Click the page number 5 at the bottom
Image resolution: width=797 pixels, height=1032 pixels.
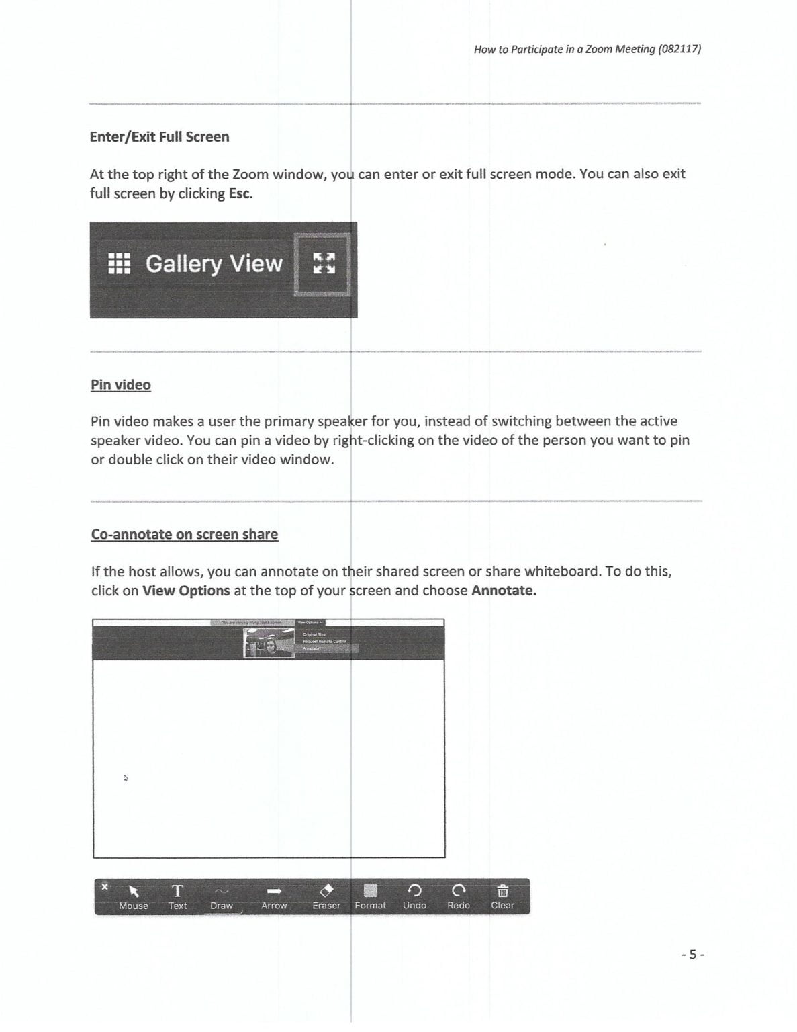pyautogui.click(x=693, y=954)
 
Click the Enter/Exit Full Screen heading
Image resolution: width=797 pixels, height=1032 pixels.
pyautogui.click(x=159, y=137)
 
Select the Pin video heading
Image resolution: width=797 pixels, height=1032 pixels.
pyautogui.click(x=121, y=385)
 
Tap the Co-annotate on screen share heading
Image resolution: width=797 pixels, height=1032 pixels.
pyautogui.click(x=185, y=535)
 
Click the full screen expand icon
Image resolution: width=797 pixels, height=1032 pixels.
pyautogui.click(x=324, y=263)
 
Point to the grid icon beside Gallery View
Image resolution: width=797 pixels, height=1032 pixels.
pyautogui.click(x=120, y=263)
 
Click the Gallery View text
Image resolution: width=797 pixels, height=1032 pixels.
pyautogui.click(x=214, y=263)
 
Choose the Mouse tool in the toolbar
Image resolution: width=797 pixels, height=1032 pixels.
pyautogui.click(x=134, y=896)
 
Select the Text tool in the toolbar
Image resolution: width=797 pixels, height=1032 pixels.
pyautogui.click(x=177, y=896)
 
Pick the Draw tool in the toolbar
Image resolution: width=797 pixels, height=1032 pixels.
pyautogui.click(x=222, y=896)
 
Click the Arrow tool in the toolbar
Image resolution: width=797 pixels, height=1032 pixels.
pyautogui.click(x=274, y=896)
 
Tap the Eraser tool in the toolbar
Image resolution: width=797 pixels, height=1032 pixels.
pyautogui.click(x=326, y=896)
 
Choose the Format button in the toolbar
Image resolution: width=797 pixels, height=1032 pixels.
pyautogui.click(x=371, y=896)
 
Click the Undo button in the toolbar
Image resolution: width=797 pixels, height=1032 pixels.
pyautogui.click(x=414, y=896)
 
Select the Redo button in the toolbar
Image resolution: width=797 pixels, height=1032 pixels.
pyautogui.click(x=459, y=896)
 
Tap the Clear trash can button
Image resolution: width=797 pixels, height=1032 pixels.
pyautogui.click(x=502, y=896)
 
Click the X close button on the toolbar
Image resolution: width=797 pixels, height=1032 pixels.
pyautogui.click(x=104, y=886)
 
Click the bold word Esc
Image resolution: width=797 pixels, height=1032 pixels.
pyautogui.click(x=240, y=193)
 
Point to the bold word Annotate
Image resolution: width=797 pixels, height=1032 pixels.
pyautogui.click(x=504, y=591)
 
